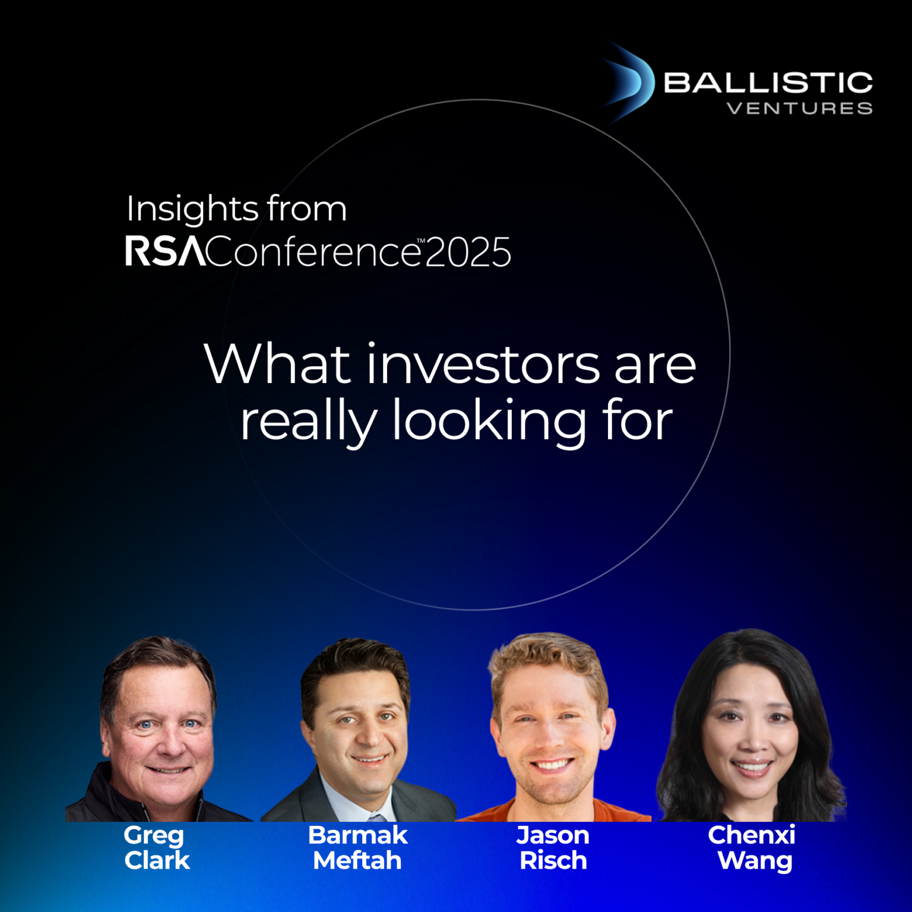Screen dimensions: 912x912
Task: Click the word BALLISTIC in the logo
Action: (768, 83)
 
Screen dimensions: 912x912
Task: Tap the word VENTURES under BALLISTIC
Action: (799, 109)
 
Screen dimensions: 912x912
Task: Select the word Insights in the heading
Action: (192, 209)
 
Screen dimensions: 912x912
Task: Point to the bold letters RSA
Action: (164, 251)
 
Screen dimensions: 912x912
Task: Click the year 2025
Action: (468, 252)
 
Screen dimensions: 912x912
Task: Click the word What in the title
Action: (277, 364)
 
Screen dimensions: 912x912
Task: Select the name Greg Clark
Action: (156, 848)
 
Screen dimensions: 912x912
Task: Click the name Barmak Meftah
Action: (357, 848)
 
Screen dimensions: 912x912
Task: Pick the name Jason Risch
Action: (553, 848)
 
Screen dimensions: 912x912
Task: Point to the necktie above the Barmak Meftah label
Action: (376, 816)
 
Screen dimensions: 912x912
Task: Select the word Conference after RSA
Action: (312, 252)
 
